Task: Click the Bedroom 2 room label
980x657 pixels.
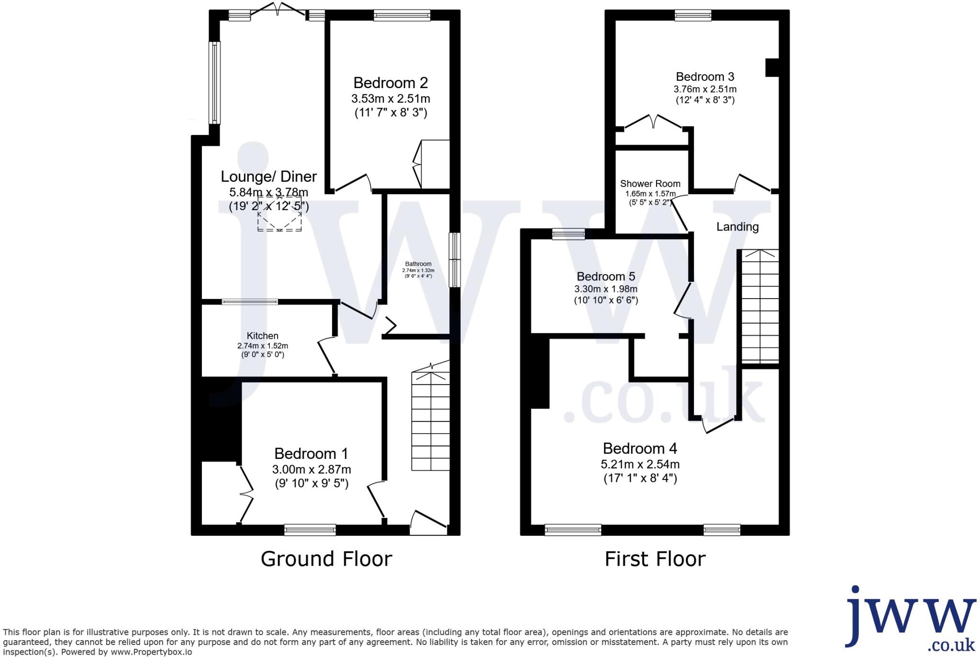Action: click(390, 83)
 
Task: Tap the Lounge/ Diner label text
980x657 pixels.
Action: click(268, 177)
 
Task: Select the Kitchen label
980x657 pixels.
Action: click(262, 336)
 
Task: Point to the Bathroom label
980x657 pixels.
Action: click(418, 264)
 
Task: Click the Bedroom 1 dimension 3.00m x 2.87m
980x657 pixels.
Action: click(312, 469)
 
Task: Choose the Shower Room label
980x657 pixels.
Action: click(650, 184)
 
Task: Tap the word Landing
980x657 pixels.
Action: click(737, 227)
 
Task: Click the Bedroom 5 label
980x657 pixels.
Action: click(606, 277)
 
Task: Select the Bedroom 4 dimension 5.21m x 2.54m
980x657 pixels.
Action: click(640, 464)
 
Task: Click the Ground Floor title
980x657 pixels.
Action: click(326, 559)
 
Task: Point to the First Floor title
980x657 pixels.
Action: click(655, 559)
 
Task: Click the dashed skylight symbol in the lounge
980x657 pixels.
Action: click(279, 214)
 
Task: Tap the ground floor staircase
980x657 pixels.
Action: click(431, 421)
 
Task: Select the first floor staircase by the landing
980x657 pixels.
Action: click(760, 306)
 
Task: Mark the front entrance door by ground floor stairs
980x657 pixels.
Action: click(428, 523)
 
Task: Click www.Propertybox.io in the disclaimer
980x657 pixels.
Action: click(151, 652)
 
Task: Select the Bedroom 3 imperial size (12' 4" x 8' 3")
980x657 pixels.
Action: click(705, 100)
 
